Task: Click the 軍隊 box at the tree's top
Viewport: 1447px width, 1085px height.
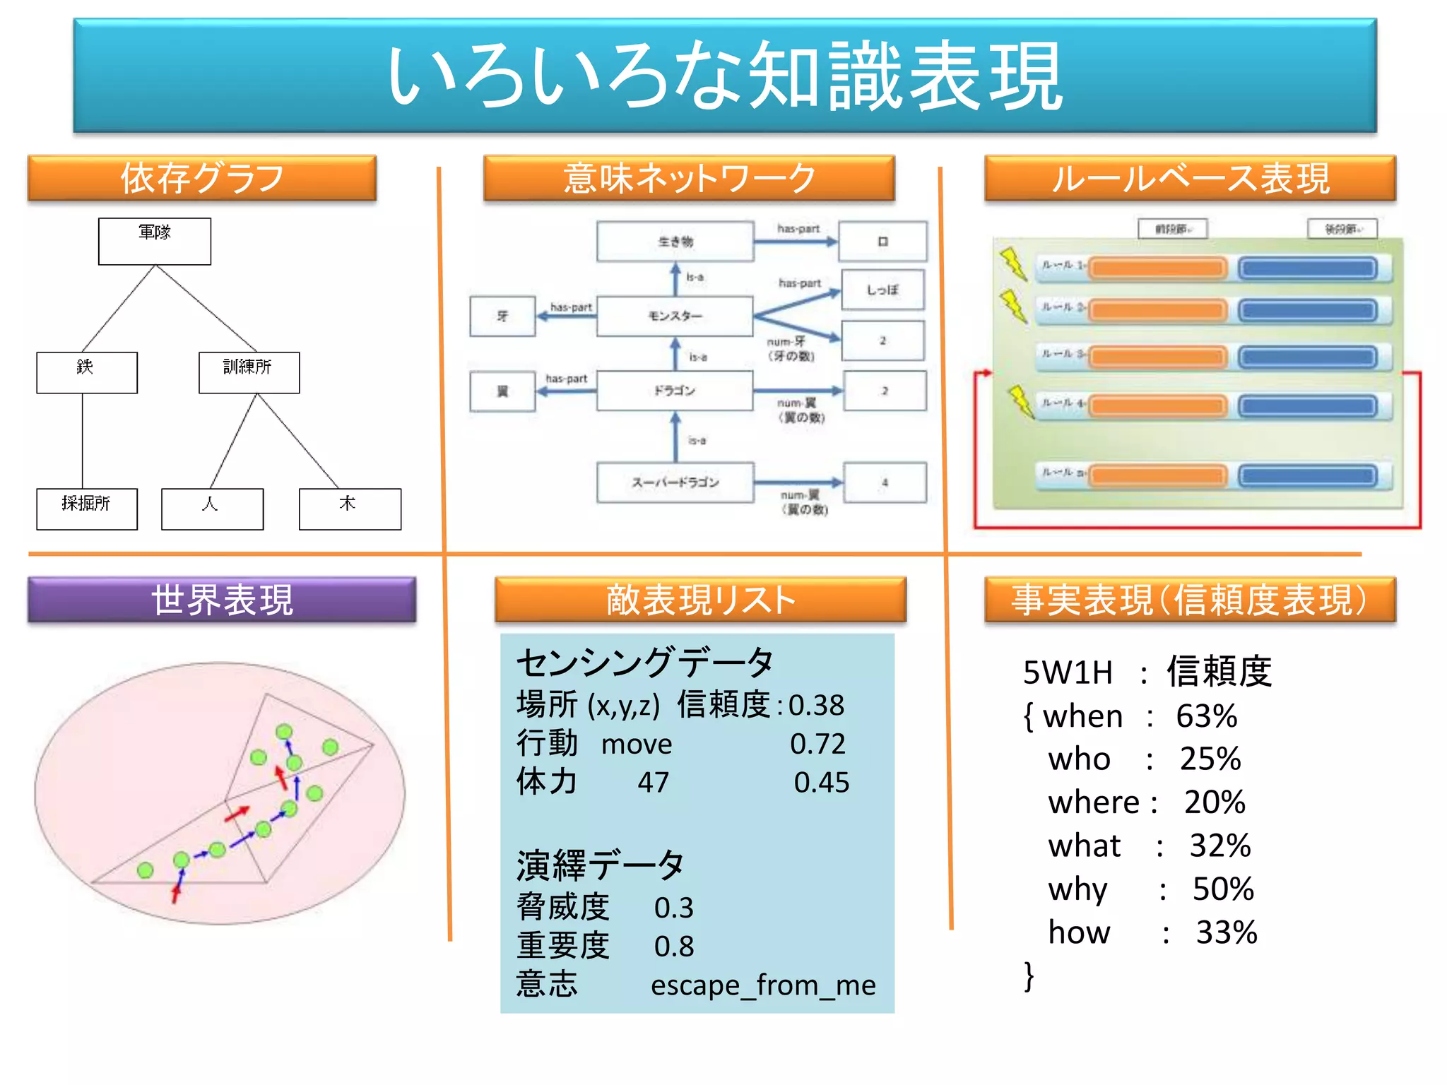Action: point(154,241)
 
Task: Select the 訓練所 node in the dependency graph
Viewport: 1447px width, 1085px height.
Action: point(249,372)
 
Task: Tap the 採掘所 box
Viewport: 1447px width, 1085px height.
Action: point(87,509)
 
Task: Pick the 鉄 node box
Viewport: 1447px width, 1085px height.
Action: point(86,372)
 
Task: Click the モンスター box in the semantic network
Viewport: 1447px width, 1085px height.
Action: point(675,316)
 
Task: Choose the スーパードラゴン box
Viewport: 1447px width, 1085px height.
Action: point(675,482)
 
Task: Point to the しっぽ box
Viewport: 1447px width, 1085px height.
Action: point(882,290)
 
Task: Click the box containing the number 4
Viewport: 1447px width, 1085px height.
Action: point(885,482)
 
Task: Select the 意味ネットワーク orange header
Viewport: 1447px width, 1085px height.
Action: point(689,178)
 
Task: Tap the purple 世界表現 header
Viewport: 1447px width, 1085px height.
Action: point(222,600)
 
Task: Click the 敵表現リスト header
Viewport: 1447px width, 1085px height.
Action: point(700,600)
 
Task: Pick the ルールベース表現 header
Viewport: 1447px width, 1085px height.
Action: point(1190,178)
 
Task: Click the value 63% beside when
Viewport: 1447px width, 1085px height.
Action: point(1206,716)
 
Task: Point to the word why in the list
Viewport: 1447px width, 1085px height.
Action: point(1077,889)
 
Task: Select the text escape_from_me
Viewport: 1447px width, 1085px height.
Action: point(763,985)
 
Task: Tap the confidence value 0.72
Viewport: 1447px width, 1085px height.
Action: point(817,744)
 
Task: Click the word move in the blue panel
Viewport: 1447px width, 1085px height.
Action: point(637,744)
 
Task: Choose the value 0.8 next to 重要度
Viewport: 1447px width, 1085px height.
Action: point(674,946)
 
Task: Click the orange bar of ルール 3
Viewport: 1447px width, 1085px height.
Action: point(1159,357)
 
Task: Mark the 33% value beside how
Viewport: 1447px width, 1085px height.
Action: point(1227,932)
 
